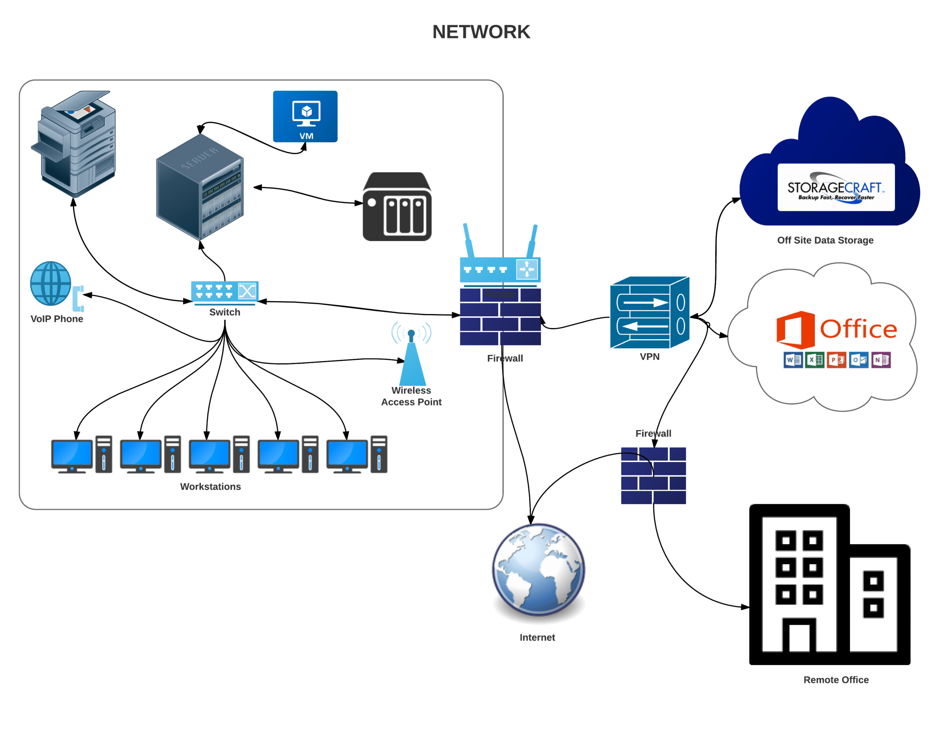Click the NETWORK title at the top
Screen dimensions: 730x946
[481, 32]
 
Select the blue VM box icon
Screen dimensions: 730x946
[305, 116]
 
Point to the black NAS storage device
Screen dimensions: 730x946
[397, 207]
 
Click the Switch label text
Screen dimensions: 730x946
[224, 312]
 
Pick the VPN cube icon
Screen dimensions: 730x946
[649, 313]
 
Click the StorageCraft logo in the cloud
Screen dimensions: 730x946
[836, 187]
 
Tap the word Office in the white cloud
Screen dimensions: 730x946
[858, 329]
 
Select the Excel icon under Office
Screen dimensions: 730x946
[814, 360]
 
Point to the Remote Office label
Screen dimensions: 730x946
[836, 679]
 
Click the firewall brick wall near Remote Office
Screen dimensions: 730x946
[653, 476]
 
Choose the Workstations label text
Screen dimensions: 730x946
[211, 486]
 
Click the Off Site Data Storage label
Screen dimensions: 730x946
[825, 240]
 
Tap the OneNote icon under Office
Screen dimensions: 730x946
[881, 360]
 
